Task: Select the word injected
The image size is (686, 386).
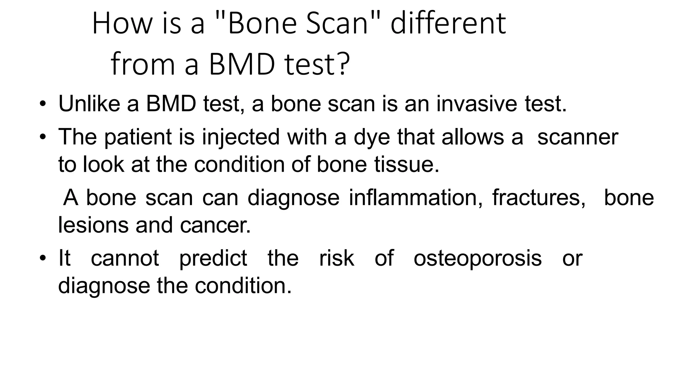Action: pyautogui.click(x=241, y=137)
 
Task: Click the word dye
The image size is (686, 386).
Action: pyautogui.click(x=372, y=137)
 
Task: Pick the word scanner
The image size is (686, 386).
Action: pyautogui.click(x=577, y=137)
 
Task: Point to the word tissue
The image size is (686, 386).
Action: pyautogui.click(x=406, y=165)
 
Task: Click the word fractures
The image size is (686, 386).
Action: pyautogui.click(x=539, y=198)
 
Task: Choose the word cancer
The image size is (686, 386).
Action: pyautogui.click(x=215, y=225)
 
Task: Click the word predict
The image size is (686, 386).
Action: pyautogui.click(x=213, y=259)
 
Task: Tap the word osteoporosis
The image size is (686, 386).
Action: pyautogui.click(x=477, y=259)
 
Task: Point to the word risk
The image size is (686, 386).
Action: pyautogui.click(x=336, y=259)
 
